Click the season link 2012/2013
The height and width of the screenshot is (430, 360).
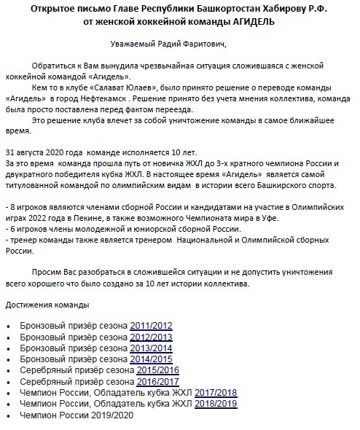tap(152, 337)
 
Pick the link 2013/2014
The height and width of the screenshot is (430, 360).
tap(152, 348)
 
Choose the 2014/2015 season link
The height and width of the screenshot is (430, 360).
tap(152, 360)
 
